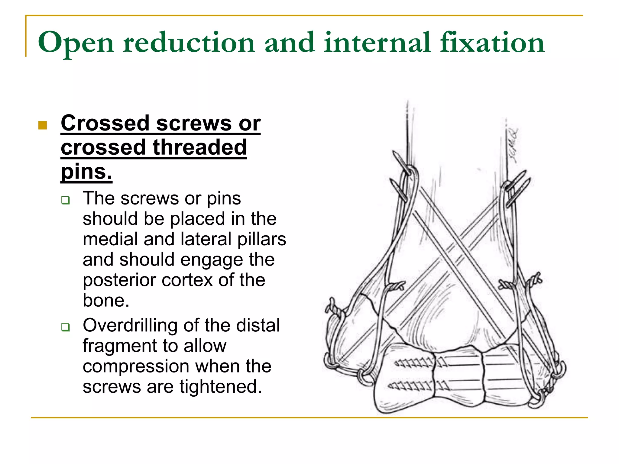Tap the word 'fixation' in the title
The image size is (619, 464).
(x=492, y=42)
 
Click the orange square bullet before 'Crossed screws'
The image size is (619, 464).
(x=43, y=125)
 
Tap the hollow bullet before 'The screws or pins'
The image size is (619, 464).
(x=65, y=200)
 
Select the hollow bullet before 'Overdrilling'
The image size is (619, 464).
(x=65, y=327)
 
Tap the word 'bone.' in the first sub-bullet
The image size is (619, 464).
(x=106, y=301)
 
